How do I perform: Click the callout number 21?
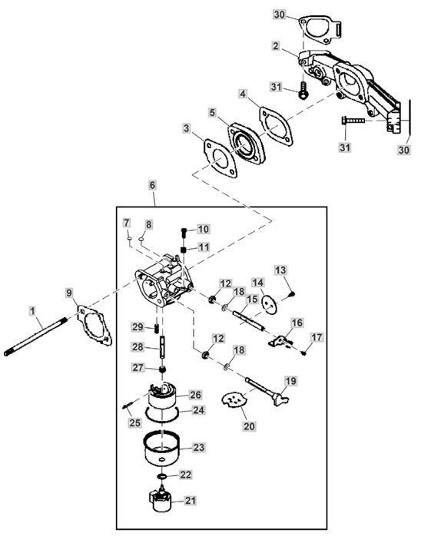click(x=191, y=500)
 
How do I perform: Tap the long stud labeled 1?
click(x=35, y=336)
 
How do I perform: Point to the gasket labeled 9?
click(x=94, y=325)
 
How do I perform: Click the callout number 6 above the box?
click(x=152, y=185)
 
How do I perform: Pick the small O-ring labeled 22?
click(x=161, y=477)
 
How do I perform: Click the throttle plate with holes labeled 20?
click(x=234, y=401)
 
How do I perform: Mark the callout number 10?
click(x=203, y=229)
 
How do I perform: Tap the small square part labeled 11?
click(x=183, y=250)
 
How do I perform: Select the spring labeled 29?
click(x=156, y=329)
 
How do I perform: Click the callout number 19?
click(x=291, y=381)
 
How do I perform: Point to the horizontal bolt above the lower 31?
click(x=353, y=121)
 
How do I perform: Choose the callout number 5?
click(x=212, y=112)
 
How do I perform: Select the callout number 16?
click(x=297, y=323)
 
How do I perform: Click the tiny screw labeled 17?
click(x=303, y=353)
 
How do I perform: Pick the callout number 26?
click(x=195, y=395)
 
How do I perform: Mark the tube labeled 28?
click(x=162, y=347)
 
